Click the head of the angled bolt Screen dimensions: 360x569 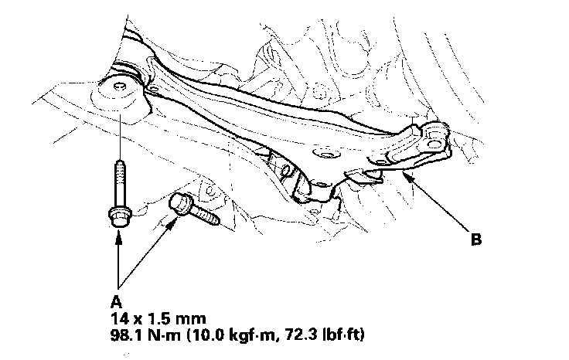pyautogui.click(x=179, y=203)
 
